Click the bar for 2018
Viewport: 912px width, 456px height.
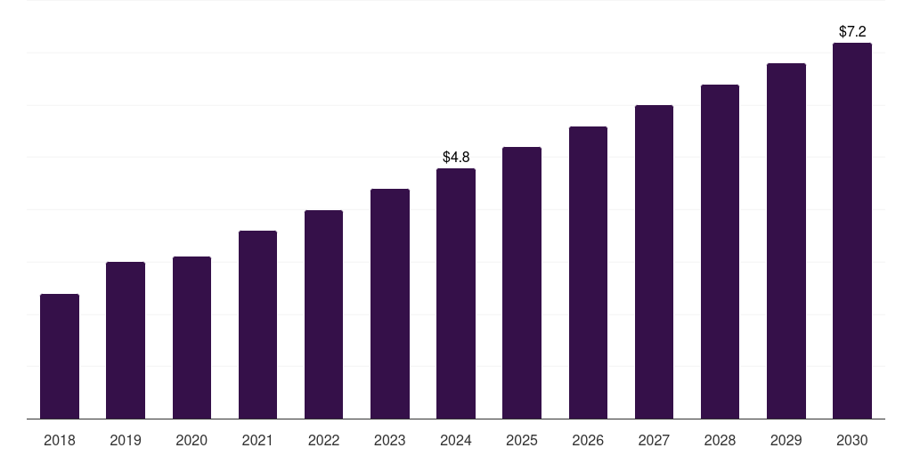pyautogui.click(x=60, y=356)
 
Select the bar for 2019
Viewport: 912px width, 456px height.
pyautogui.click(x=126, y=340)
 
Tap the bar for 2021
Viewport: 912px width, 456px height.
pyautogui.click(x=257, y=325)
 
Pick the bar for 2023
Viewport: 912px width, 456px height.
pyautogui.click(x=390, y=304)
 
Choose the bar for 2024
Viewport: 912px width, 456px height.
pyautogui.click(x=456, y=294)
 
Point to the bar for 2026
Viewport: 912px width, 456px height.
pyautogui.click(x=588, y=273)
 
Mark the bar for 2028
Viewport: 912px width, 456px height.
pyautogui.click(x=720, y=252)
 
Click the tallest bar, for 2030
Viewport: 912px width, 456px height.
pyautogui.click(x=852, y=231)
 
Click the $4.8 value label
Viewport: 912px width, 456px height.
pyautogui.click(x=456, y=157)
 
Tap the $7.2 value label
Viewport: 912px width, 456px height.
pyautogui.click(x=852, y=31)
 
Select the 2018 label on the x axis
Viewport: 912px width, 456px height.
pyautogui.click(x=60, y=440)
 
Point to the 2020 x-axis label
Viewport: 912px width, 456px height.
pyautogui.click(x=191, y=440)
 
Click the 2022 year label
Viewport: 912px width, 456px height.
pyautogui.click(x=323, y=440)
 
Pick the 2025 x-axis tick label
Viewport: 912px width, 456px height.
pyautogui.click(x=522, y=440)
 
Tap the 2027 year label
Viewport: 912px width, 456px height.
pyautogui.click(x=654, y=440)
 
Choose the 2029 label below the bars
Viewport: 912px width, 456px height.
pyautogui.click(x=786, y=440)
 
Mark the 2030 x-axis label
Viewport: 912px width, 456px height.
pyautogui.click(x=852, y=440)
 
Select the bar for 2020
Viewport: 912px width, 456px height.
pyautogui.click(x=191, y=338)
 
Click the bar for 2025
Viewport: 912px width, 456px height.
pyautogui.click(x=522, y=283)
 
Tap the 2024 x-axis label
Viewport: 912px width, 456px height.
pyautogui.click(x=456, y=440)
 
